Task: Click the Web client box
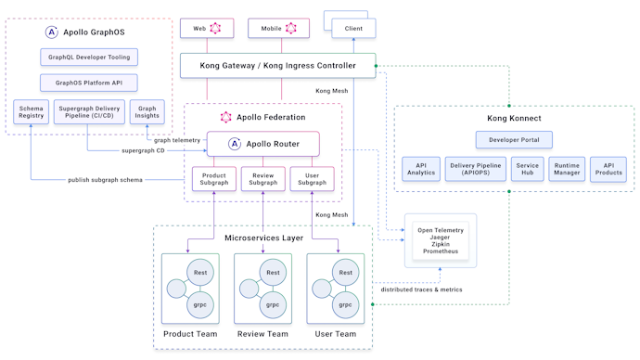(206, 29)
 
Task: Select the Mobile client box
(278, 29)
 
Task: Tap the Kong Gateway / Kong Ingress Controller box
(277, 66)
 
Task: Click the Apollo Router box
(262, 144)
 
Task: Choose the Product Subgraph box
(214, 178)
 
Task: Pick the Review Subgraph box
(262, 178)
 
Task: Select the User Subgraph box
(312, 178)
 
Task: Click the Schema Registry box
(31, 112)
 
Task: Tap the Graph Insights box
(147, 112)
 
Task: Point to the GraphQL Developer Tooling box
(89, 58)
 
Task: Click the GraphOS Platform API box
(89, 83)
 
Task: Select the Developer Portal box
(514, 139)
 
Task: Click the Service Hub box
(527, 169)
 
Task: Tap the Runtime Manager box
(567, 169)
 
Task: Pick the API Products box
(608, 169)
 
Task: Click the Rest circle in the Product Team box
(199, 273)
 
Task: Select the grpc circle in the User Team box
(345, 304)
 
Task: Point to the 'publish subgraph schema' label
(105, 180)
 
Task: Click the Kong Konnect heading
(514, 119)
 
